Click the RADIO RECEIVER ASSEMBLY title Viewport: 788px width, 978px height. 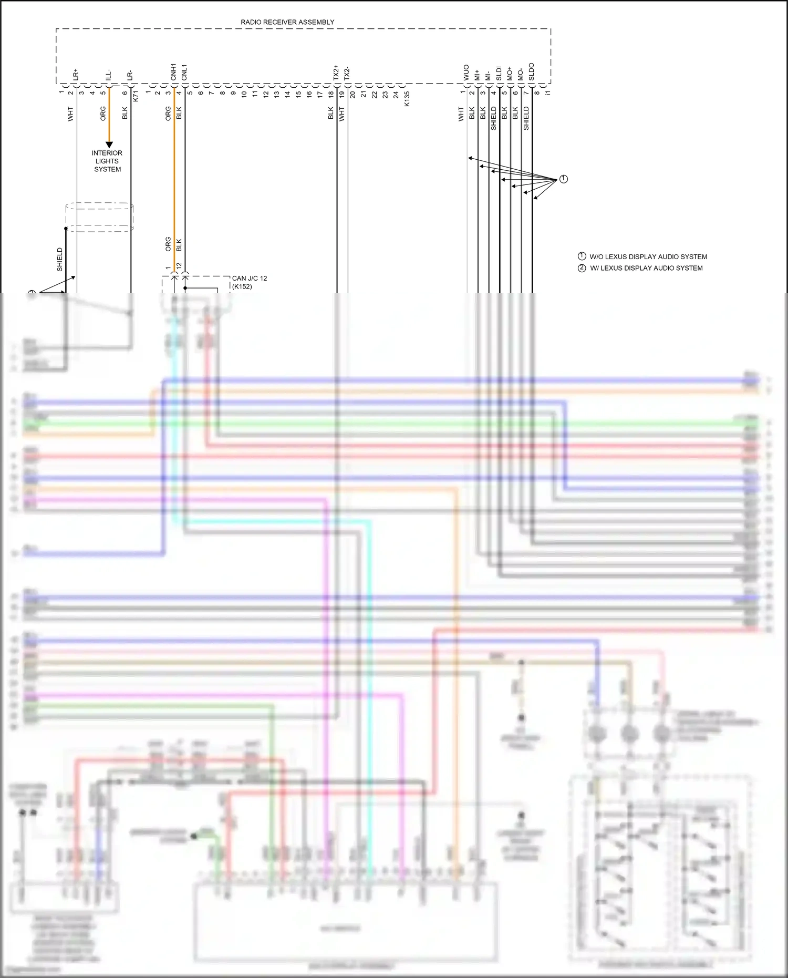pyautogui.click(x=287, y=22)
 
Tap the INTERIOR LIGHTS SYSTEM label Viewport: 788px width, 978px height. pyautogui.click(x=107, y=161)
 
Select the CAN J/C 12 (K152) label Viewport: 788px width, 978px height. pyautogui.click(x=249, y=282)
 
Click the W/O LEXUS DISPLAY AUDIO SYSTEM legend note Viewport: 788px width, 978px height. pyautogui.click(x=648, y=257)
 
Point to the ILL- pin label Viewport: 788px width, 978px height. pyautogui.click(x=108, y=75)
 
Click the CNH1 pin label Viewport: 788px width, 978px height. pyautogui.click(x=173, y=73)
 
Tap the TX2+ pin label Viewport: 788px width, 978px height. pyautogui.click(x=336, y=73)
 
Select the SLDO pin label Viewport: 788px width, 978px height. pyautogui.click(x=531, y=72)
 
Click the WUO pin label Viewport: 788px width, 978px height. pyautogui.click(x=466, y=73)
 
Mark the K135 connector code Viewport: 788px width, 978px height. pyautogui.click(x=407, y=99)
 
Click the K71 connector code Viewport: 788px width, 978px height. pyautogui.click(x=136, y=96)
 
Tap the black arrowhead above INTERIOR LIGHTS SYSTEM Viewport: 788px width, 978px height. pyautogui.click(x=109, y=145)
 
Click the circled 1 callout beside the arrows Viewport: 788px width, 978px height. pyautogui.click(x=563, y=179)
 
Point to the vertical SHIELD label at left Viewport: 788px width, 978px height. pyautogui.click(x=59, y=260)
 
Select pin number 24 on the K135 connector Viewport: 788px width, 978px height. pyautogui.click(x=396, y=95)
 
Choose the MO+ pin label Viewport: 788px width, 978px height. pyautogui.click(x=510, y=74)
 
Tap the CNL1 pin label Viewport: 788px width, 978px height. pyautogui.click(x=184, y=73)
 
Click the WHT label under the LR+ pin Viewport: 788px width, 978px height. pyautogui.click(x=70, y=115)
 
